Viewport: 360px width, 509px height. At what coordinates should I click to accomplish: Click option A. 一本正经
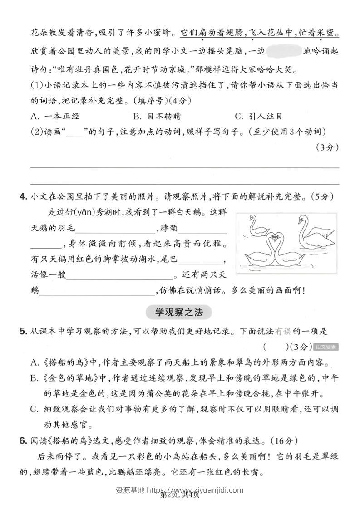[54, 116]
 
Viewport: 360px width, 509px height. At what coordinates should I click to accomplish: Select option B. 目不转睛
[157, 116]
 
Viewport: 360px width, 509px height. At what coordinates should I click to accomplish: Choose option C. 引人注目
[258, 116]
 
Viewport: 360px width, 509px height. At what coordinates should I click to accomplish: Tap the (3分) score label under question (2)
[326, 147]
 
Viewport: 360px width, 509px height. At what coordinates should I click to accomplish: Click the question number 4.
[23, 196]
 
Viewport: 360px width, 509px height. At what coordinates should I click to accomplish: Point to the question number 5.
[23, 332]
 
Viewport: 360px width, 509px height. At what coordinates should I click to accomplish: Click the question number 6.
[23, 440]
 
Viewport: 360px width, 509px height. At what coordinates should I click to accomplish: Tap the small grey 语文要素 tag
[326, 347]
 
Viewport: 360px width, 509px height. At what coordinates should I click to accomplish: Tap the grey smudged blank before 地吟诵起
[285, 50]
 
